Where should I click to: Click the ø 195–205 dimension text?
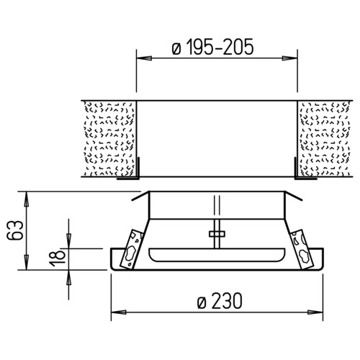pyautogui.click(x=212, y=47)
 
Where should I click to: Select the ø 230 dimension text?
pyautogui.click(x=220, y=301)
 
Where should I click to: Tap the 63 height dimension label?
pyautogui.click(x=15, y=230)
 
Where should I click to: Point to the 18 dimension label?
pyautogui.click(x=58, y=258)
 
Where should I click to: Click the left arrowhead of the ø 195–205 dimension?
pyautogui.click(x=144, y=58)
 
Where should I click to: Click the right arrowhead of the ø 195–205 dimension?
pyautogui.click(x=289, y=58)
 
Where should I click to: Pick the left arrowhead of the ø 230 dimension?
pyautogui.click(x=119, y=312)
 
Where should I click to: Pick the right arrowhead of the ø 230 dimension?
pyautogui.click(x=315, y=312)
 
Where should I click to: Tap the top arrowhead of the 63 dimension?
pyautogui.click(x=27, y=199)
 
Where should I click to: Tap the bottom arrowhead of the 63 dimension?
pyautogui.click(x=27, y=262)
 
